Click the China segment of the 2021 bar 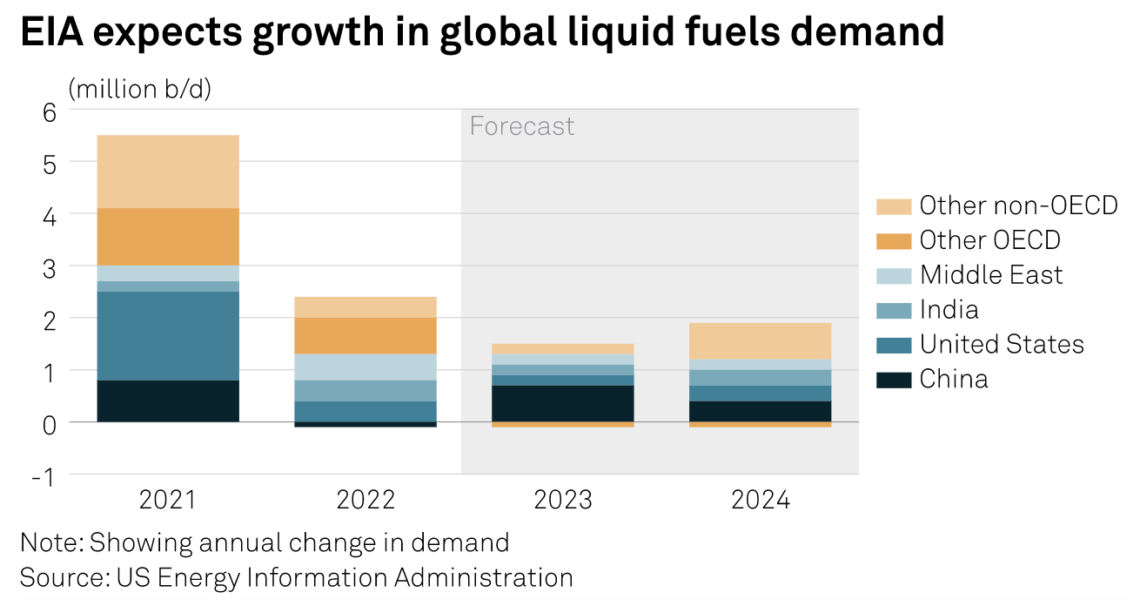tap(168, 401)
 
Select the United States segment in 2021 tap(168, 335)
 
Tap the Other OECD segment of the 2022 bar tap(365, 335)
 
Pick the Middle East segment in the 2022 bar tap(365, 367)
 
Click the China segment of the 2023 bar tap(563, 403)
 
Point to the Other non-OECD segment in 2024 tap(761, 340)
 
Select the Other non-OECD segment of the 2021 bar tap(168, 172)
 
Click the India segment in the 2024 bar tap(761, 377)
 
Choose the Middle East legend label tap(991, 275)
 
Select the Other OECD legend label tap(989, 240)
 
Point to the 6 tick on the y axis tap(49, 111)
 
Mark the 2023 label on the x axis tap(563, 501)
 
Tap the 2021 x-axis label tap(168, 501)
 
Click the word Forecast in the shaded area tap(522, 126)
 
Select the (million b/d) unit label tap(139, 89)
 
